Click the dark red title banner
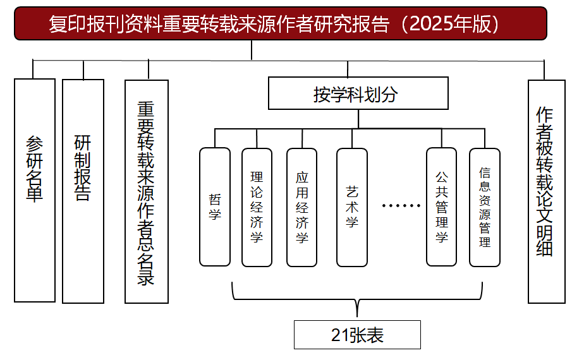(x=280, y=23)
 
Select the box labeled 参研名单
(x=35, y=190)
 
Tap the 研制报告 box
(x=83, y=190)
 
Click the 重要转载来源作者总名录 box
(x=147, y=191)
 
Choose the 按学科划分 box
(x=358, y=93)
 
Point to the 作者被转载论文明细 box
(x=546, y=191)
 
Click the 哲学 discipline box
(x=215, y=207)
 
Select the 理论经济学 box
(x=257, y=207)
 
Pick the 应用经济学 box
(x=301, y=207)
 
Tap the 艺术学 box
(x=352, y=207)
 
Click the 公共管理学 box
(x=441, y=207)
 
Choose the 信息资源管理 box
(x=485, y=207)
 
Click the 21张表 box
(x=357, y=335)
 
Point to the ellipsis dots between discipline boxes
(x=401, y=207)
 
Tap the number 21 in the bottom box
(x=339, y=335)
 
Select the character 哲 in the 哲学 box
(x=215, y=199)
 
